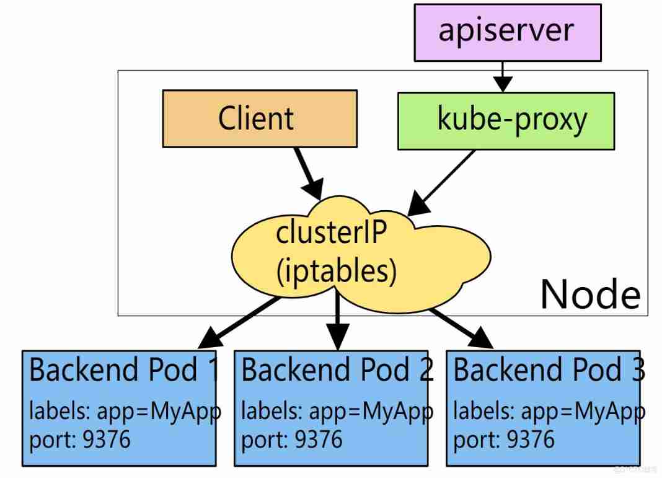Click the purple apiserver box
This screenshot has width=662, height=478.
coord(507,32)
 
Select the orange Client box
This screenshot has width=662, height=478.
coord(259,118)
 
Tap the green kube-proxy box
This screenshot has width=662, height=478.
coord(506,120)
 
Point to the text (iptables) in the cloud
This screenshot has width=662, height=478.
coord(336,271)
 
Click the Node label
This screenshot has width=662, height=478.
coord(589,294)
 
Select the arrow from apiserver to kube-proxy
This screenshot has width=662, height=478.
coord(503,76)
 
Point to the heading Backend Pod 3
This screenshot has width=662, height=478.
coord(549,371)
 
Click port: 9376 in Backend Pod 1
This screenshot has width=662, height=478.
coord(80,440)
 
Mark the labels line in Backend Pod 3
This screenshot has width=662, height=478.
coord(549,412)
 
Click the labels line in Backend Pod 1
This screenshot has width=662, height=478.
coord(124,412)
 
